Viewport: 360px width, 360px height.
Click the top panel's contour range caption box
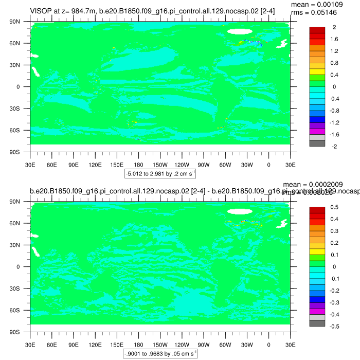[x=160, y=173]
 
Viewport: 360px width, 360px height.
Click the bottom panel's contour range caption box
[x=160, y=354]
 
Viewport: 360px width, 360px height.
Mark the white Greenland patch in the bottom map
[x=240, y=211]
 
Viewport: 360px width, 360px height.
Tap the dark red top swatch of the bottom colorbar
[x=317, y=210]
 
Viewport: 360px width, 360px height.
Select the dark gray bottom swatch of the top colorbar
[x=317, y=143]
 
